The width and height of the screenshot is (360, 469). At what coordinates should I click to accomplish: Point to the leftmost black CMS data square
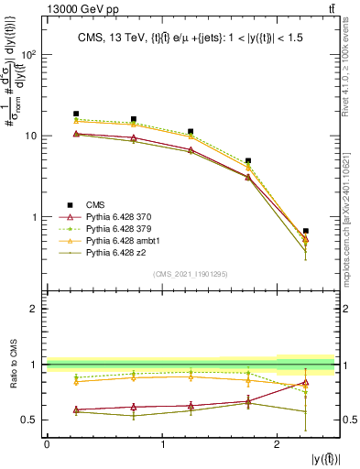pyautogui.click(x=76, y=114)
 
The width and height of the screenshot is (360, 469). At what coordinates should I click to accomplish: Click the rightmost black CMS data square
pyautogui.click(x=305, y=231)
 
